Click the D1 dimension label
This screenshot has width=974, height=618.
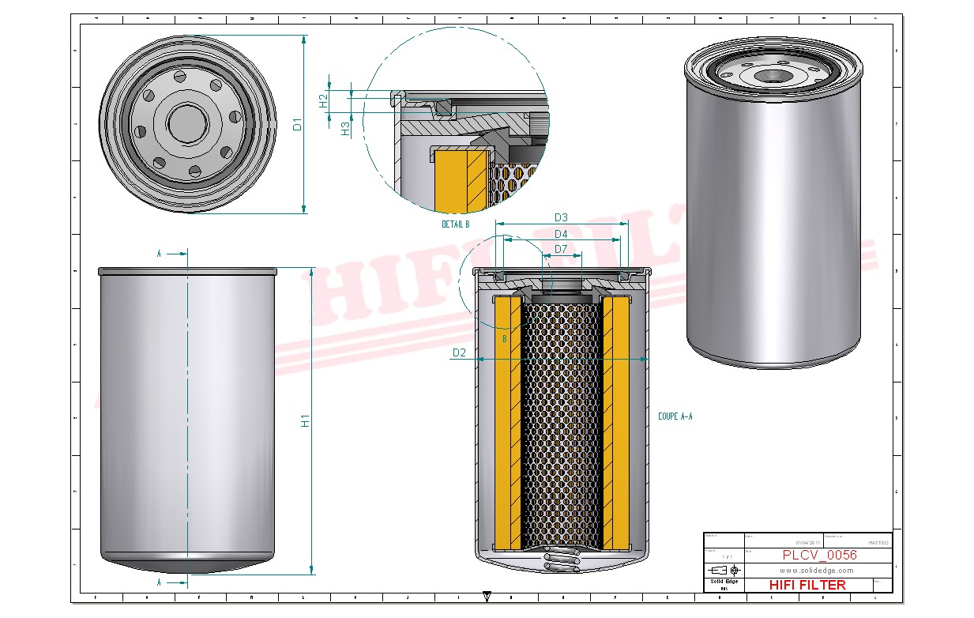pyautogui.click(x=297, y=124)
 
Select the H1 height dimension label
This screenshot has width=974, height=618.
pyautogui.click(x=305, y=421)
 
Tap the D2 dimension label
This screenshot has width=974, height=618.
pyautogui.click(x=460, y=352)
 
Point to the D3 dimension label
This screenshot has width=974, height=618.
pyautogui.click(x=561, y=217)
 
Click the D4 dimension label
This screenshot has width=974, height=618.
pyautogui.click(x=561, y=234)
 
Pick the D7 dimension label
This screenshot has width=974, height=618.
pyautogui.click(x=561, y=249)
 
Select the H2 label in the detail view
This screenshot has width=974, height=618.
pyautogui.click(x=323, y=100)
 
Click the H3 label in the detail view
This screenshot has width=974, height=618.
pyautogui.click(x=345, y=128)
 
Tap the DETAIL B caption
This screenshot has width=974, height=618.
pyautogui.click(x=456, y=224)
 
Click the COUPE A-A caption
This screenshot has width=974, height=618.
pyautogui.click(x=675, y=416)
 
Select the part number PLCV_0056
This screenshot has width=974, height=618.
pyautogui.click(x=819, y=555)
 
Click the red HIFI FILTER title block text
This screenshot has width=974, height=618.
pyautogui.click(x=807, y=585)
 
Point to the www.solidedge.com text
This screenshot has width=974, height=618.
pyautogui.click(x=817, y=570)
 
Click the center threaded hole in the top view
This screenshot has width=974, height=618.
pyautogui.click(x=188, y=124)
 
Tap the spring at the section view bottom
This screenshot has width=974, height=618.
pyautogui.click(x=562, y=562)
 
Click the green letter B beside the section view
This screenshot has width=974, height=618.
pyautogui.click(x=504, y=338)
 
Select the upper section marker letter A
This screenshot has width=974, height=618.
pyautogui.click(x=159, y=254)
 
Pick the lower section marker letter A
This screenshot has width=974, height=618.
pyautogui.click(x=159, y=582)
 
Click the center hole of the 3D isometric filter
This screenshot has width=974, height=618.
pyautogui.click(x=772, y=77)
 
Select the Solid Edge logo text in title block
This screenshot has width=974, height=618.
pyautogui.click(x=724, y=582)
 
